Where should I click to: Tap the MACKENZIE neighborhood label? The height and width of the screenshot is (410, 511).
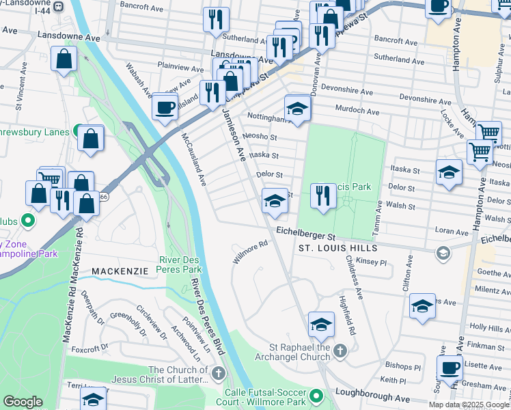[120, 271]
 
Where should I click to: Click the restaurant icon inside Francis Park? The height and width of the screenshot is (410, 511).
[323, 195]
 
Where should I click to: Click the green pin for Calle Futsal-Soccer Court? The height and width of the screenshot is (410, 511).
[316, 396]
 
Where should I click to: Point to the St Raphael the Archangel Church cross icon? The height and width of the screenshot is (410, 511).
[341, 351]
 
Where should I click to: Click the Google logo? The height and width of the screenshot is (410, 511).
[23, 402]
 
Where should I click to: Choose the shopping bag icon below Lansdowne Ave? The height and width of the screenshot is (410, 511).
[63, 59]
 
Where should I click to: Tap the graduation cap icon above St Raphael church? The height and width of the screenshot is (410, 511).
[320, 325]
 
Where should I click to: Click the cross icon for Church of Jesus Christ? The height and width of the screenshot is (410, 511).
[218, 372]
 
